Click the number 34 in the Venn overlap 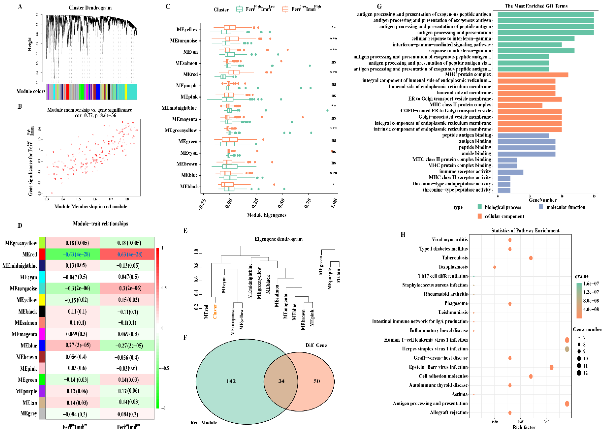click(x=281, y=381)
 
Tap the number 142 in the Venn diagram click(x=231, y=381)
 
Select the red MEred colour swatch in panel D click(x=42, y=254)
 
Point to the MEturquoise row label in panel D click(x=23, y=288)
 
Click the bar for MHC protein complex click(x=532, y=75)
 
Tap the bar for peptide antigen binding click(x=523, y=136)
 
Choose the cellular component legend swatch click(x=480, y=216)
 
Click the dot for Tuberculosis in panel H click(x=531, y=258)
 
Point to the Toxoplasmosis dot click(x=494, y=267)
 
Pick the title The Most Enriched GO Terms click(x=536, y=6)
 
